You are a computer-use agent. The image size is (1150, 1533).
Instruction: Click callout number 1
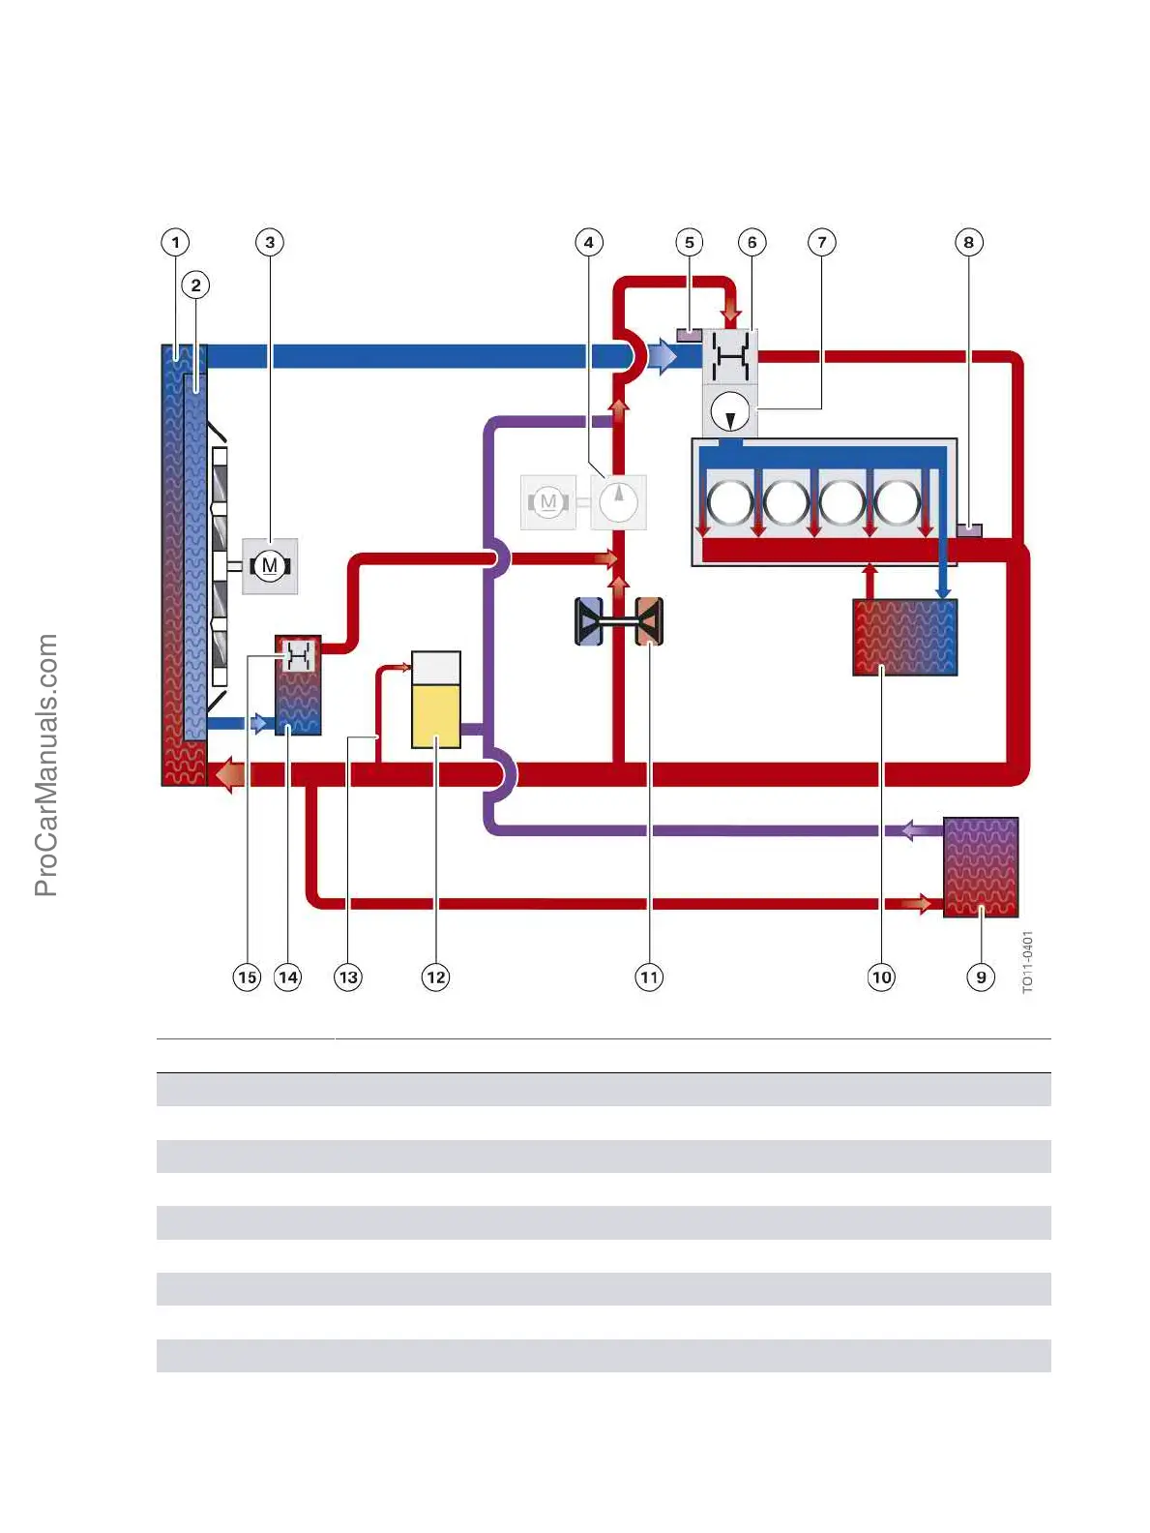tap(175, 242)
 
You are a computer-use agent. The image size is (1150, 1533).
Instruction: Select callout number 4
tap(589, 242)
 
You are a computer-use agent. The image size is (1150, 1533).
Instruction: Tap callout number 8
tap(968, 242)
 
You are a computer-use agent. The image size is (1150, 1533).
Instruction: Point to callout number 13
tap(348, 977)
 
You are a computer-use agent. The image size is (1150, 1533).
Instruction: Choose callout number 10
tap(881, 977)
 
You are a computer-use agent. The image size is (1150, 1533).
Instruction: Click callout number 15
tap(248, 977)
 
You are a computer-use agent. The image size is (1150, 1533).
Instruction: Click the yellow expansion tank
tap(436, 700)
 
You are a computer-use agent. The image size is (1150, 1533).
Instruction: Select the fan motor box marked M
tap(270, 566)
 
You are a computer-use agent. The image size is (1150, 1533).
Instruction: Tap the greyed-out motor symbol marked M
tap(548, 501)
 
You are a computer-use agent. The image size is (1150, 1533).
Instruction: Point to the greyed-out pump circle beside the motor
tap(618, 501)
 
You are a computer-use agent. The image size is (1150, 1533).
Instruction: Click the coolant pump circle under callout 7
tap(730, 411)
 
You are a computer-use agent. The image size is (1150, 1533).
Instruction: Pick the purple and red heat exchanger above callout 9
tap(981, 867)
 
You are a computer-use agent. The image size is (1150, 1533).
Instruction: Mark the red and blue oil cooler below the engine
tap(905, 637)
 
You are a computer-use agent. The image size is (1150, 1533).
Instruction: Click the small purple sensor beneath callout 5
tap(689, 336)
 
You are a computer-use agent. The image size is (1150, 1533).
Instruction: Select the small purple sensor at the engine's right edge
tap(969, 529)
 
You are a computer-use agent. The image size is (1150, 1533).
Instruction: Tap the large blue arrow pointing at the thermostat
tap(663, 357)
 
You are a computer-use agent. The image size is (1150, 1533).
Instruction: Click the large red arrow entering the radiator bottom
tap(229, 774)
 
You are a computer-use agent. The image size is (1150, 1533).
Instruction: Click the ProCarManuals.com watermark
tap(46, 765)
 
